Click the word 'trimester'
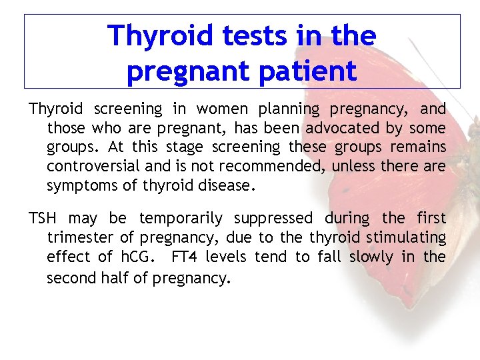pyautogui.click(x=79, y=237)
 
